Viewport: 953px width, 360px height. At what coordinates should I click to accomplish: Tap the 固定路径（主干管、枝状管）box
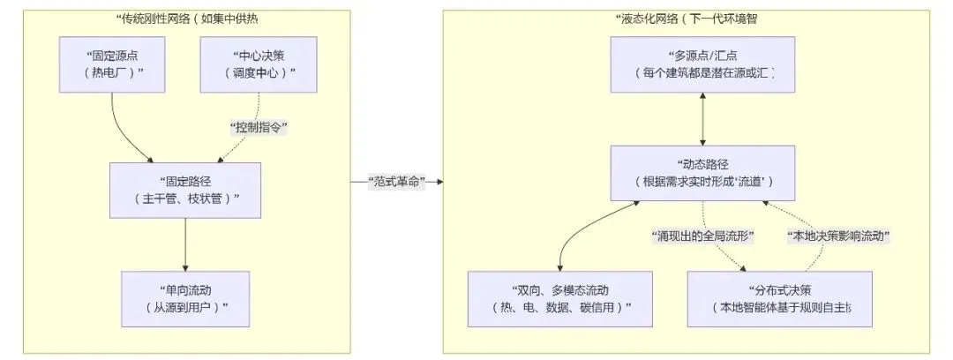(185, 190)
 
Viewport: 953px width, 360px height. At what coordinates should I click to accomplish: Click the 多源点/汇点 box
(703, 64)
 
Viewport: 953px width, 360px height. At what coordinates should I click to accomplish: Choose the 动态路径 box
(703, 173)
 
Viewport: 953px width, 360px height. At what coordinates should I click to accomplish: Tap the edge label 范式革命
(397, 182)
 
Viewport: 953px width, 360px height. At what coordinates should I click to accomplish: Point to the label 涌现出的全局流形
(703, 236)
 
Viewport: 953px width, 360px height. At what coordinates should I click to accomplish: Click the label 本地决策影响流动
(837, 236)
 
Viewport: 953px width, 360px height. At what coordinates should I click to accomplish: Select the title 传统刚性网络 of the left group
(185, 19)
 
